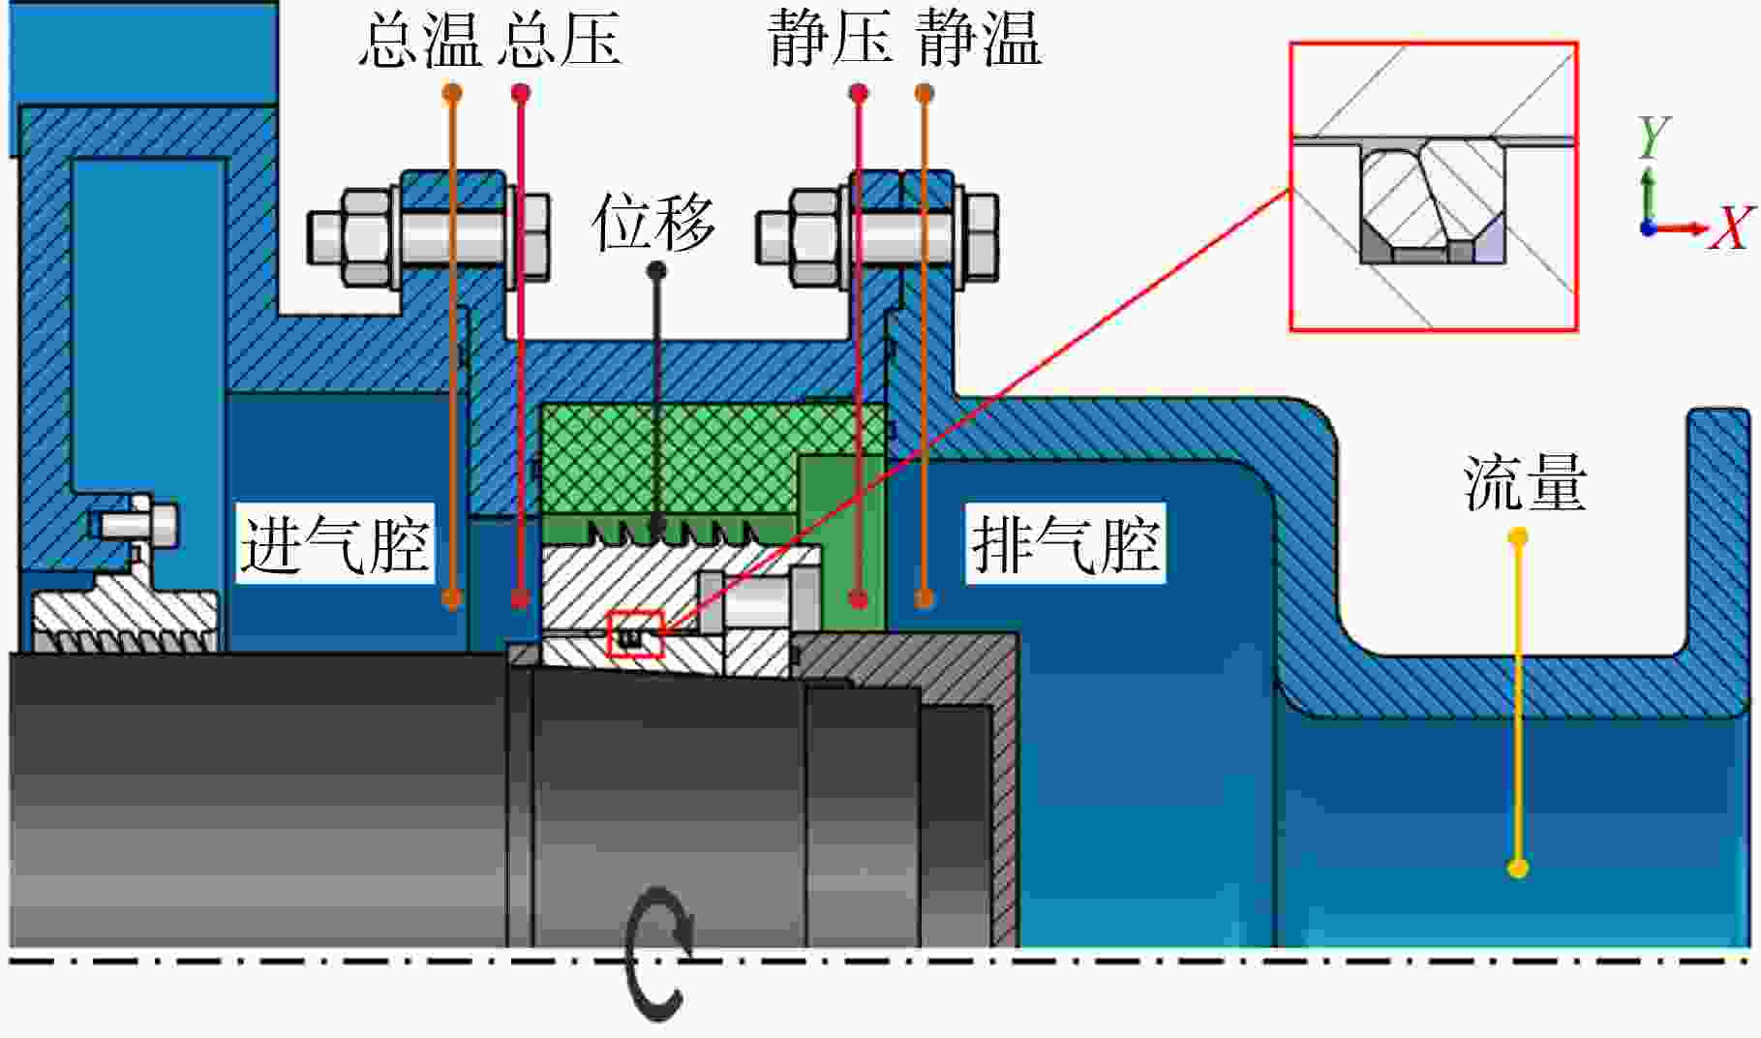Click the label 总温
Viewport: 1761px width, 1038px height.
point(420,40)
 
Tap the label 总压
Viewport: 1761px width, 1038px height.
point(562,40)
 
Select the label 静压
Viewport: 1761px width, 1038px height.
point(830,40)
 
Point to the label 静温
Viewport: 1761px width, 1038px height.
point(979,40)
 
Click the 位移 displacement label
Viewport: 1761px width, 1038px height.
point(654,222)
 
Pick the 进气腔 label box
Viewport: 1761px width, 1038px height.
point(335,543)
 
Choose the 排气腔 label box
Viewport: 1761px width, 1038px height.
point(1065,543)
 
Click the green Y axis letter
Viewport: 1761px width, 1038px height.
point(1654,137)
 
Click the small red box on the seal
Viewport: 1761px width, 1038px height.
point(635,634)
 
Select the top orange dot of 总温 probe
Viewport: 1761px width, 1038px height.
point(451,94)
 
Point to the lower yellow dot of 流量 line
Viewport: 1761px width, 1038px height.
point(1518,867)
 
